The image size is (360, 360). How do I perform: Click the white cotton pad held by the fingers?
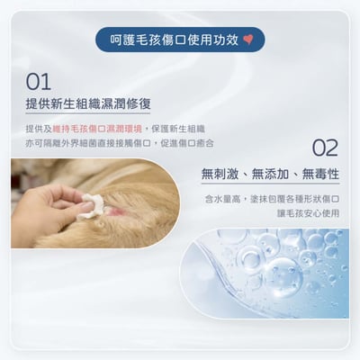(89, 206)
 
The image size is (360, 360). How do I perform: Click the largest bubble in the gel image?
(283, 274)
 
